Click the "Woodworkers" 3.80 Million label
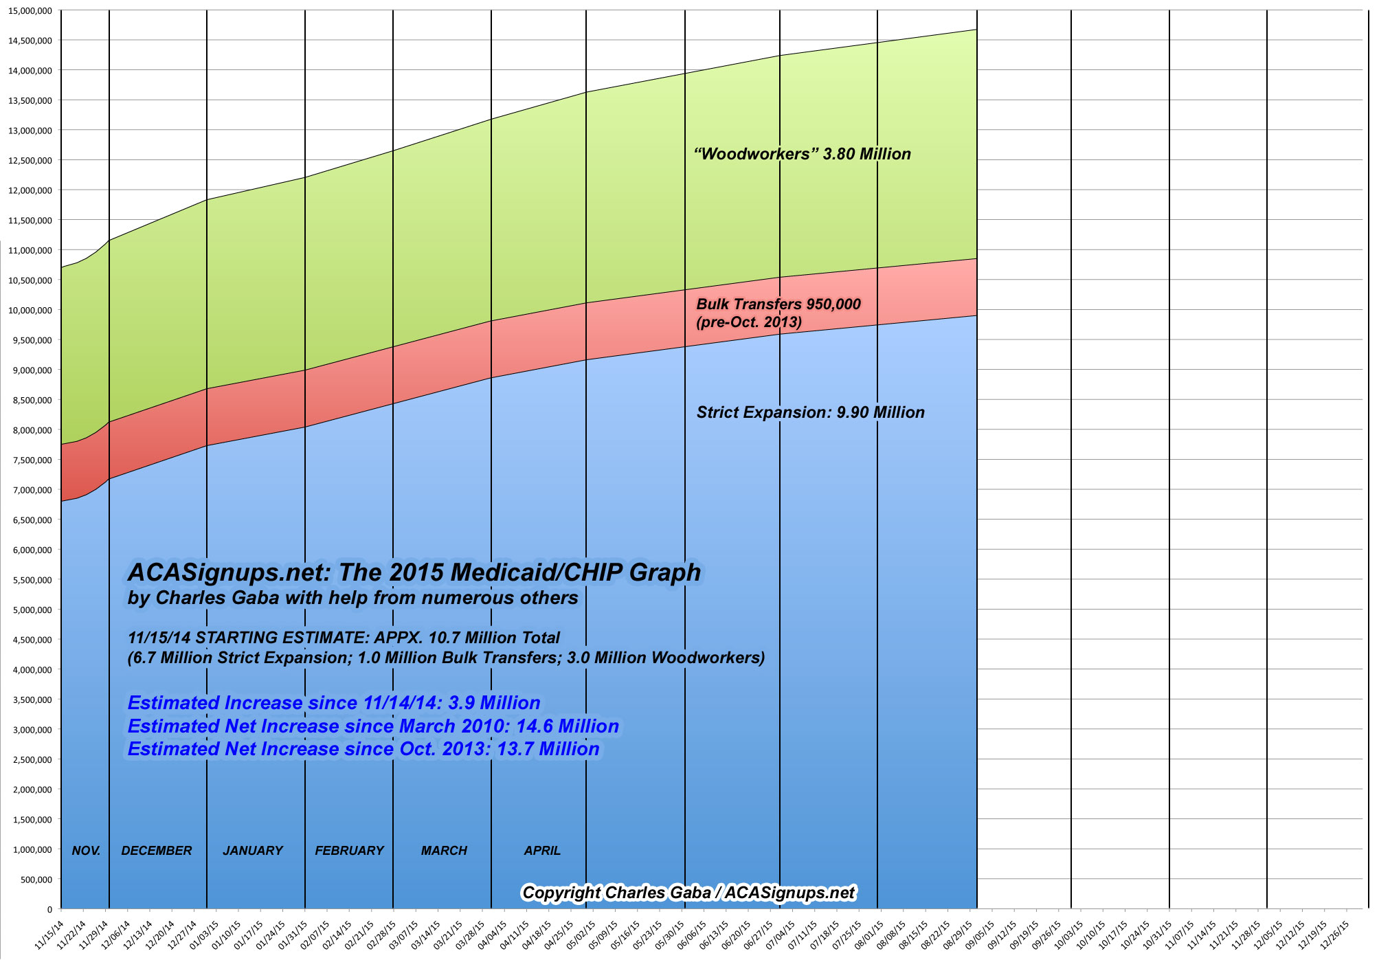pos(803,154)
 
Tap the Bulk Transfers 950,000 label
pos(778,304)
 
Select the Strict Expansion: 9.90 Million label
pos(810,412)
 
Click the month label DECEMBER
pos(157,851)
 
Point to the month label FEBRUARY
pos(349,851)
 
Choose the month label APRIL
pos(542,851)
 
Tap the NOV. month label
pos(86,851)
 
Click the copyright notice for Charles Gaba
pos(688,893)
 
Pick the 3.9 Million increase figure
pos(494,703)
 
